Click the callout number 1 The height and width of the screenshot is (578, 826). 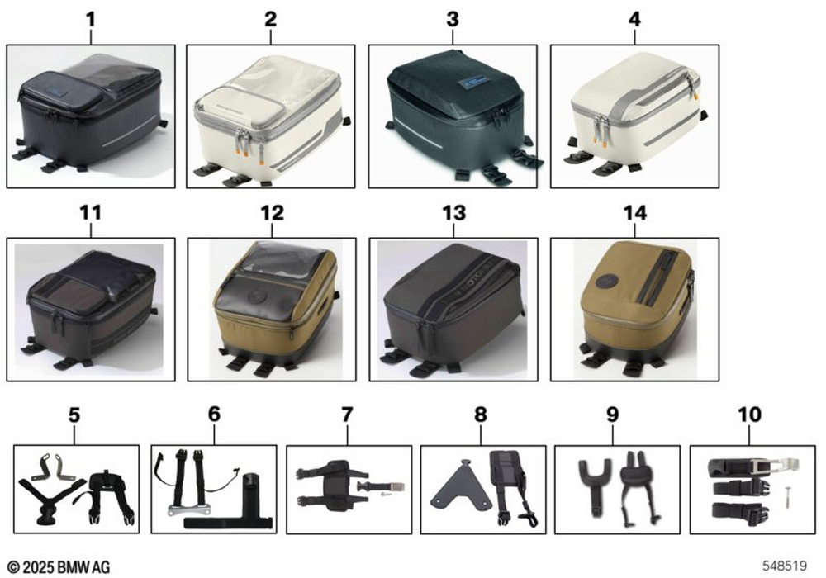pos(91,20)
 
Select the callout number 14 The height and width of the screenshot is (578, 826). pos(634,213)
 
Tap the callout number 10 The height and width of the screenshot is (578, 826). pos(749,415)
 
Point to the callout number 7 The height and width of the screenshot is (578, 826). pos(347,415)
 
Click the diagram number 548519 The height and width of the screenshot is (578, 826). pos(785,566)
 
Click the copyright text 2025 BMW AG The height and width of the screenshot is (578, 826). pos(59,567)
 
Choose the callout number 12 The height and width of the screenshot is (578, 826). pos(272,213)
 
